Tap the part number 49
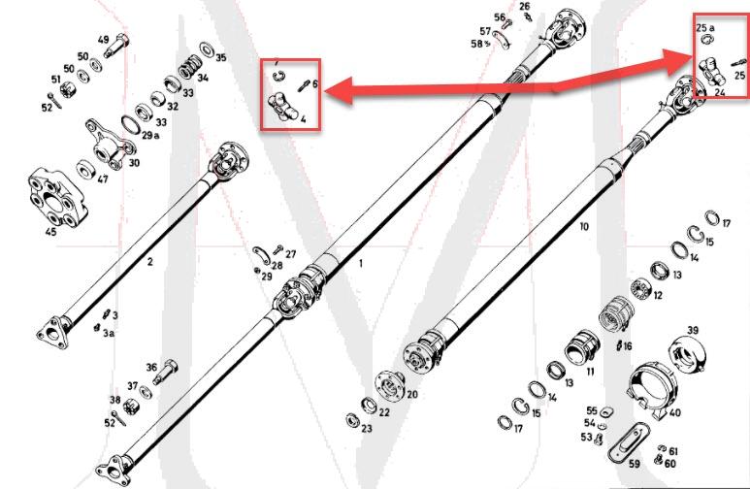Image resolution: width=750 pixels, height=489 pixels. (103, 40)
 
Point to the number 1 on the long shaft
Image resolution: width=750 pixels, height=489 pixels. (360, 263)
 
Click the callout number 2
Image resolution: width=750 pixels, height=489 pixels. (149, 262)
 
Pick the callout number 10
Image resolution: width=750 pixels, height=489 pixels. (583, 226)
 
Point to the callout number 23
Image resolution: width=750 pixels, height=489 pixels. (366, 427)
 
